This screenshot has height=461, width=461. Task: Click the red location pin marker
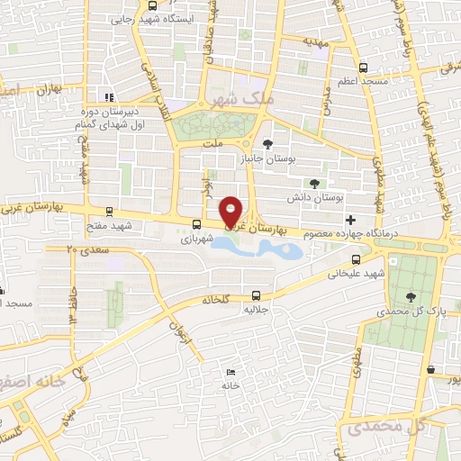click(x=231, y=211)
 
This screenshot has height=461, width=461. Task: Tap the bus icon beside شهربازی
click(x=196, y=224)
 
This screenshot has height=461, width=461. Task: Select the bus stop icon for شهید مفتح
click(x=109, y=212)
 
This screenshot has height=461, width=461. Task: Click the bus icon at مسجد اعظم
click(x=363, y=67)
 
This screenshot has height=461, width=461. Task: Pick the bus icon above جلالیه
click(x=256, y=294)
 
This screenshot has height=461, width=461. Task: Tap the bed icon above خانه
click(x=231, y=373)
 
